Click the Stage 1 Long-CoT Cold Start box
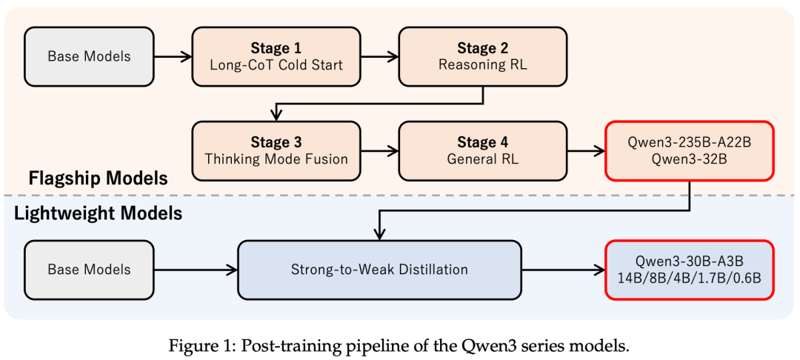coord(276,56)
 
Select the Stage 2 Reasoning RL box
coord(483,56)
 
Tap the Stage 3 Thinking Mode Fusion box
coord(276,150)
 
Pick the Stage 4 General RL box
coord(483,150)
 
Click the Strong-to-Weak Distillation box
coord(379,270)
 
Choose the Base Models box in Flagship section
coord(89,56)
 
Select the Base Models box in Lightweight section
coord(89,270)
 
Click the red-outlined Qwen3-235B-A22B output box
coord(690,150)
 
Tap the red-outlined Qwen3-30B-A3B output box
coord(690,270)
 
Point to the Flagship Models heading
coord(98,179)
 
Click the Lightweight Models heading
coord(98,213)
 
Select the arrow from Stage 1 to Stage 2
coord(379,56)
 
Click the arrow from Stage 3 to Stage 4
coord(379,151)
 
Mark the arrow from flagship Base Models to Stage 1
coord(173,56)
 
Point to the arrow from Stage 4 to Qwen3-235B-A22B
coord(586,151)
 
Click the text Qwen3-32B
coord(690,159)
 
